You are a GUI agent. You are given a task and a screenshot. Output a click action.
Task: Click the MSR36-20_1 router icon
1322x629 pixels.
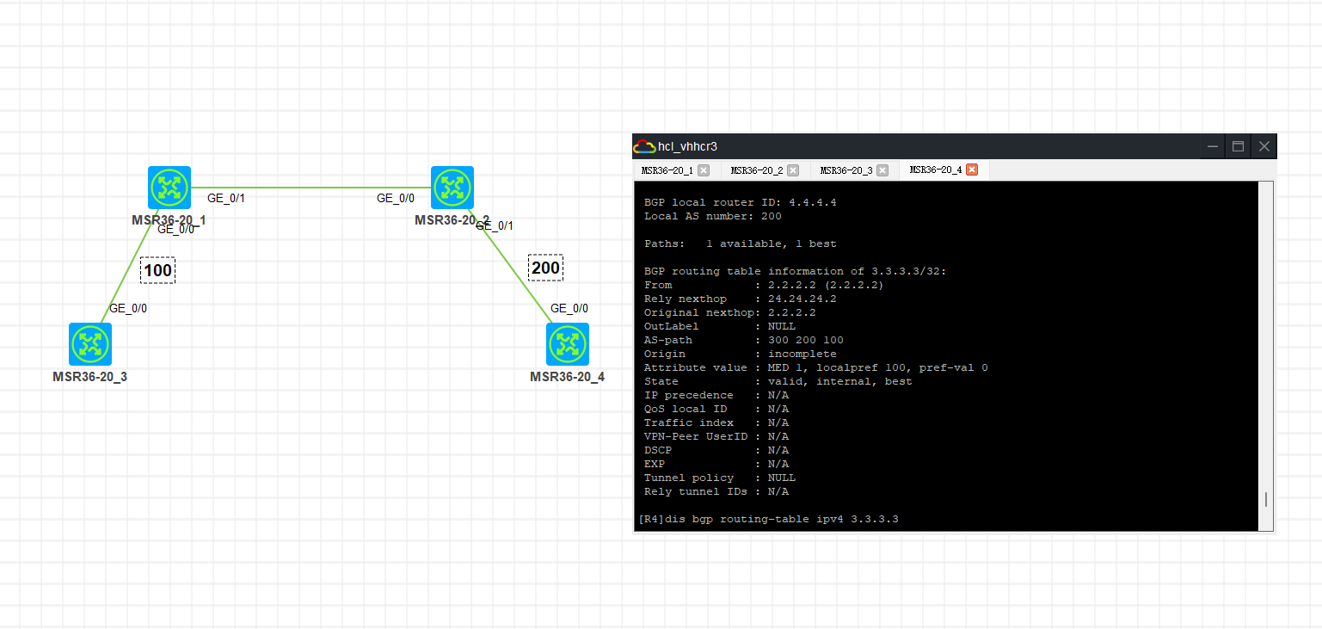click(x=169, y=188)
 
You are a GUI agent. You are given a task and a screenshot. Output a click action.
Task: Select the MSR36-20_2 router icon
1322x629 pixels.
click(x=452, y=188)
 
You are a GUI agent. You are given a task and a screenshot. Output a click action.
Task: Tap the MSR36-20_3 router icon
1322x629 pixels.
click(x=90, y=344)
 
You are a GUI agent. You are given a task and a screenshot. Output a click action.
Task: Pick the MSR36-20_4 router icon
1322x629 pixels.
click(x=567, y=344)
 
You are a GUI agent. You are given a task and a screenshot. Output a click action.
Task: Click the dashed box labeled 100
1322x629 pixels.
click(x=157, y=270)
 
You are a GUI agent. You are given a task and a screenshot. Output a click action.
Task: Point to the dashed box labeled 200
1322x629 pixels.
click(x=545, y=268)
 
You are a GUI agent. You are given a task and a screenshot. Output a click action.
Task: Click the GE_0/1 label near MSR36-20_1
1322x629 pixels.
click(x=226, y=199)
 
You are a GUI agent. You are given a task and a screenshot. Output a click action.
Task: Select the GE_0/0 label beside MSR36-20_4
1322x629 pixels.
click(x=569, y=308)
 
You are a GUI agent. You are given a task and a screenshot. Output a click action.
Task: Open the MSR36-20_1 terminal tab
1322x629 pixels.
click(x=667, y=170)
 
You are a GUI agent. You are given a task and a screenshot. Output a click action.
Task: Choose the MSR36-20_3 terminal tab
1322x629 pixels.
click(x=845, y=170)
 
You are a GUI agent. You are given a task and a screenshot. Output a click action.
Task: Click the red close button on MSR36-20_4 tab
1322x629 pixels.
click(x=972, y=170)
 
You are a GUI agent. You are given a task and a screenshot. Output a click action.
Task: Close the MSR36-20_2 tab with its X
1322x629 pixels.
click(x=793, y=170)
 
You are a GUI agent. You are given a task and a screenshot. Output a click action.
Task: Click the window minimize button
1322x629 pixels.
click(x=1212, y=146)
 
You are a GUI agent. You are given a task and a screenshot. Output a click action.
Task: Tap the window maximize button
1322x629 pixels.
click(x=1239, y=146)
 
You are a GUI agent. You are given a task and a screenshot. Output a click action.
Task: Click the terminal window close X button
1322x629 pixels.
click(x=1264, y=146)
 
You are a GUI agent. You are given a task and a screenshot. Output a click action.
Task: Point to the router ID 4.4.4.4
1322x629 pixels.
click(x=813, y=202)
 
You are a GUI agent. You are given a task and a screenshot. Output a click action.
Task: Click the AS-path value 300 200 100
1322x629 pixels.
click(x=806, y=340)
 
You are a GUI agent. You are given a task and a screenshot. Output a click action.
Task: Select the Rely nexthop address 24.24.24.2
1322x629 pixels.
click(x=802, y=299)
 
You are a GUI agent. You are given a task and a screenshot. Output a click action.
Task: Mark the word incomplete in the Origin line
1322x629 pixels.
click(x=802, y=354)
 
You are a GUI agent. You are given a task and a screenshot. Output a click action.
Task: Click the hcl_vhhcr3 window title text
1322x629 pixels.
click(x=687, y=146)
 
